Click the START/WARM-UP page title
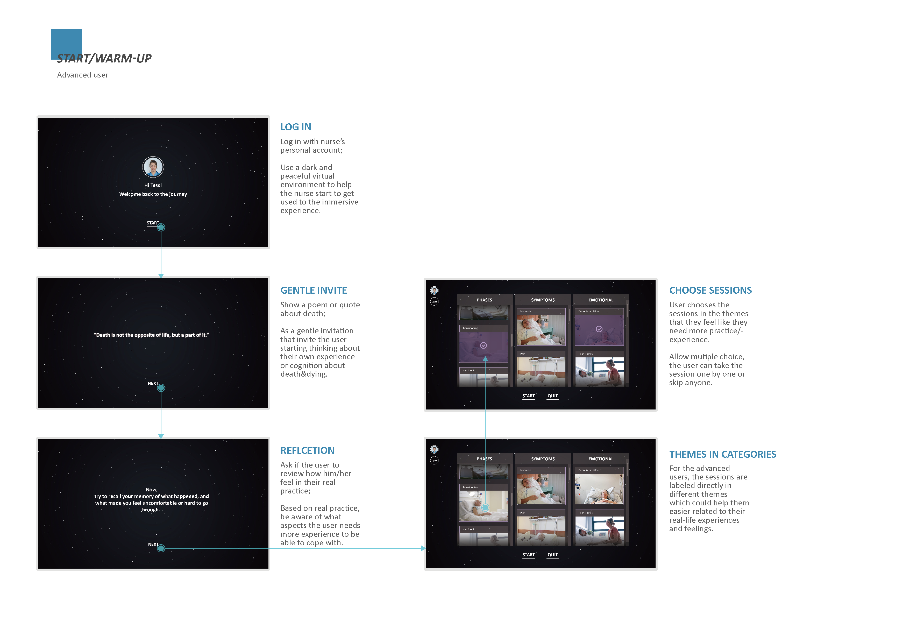click(x=104, y=59)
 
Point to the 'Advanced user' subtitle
click(x=82, y=75)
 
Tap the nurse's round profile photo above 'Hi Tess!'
click(x=153, y=167)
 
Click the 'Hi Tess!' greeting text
click(x=153, y=185)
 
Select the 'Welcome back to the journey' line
click(x=153, y=194)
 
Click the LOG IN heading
click(x=295, y=127)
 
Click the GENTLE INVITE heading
click(x=313, y=290)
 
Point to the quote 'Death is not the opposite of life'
click(x=151, y=335)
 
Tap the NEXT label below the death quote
click(x=153, y=383)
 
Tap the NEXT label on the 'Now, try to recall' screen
click(x=153, y=545)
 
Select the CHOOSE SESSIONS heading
click(x=710, y=290)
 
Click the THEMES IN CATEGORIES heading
click(x=722, y=454)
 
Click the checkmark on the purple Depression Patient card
click(x=599, y=329)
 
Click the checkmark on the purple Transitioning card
click(x=484, y=345)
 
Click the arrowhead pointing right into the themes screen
click(x=423, y=548)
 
